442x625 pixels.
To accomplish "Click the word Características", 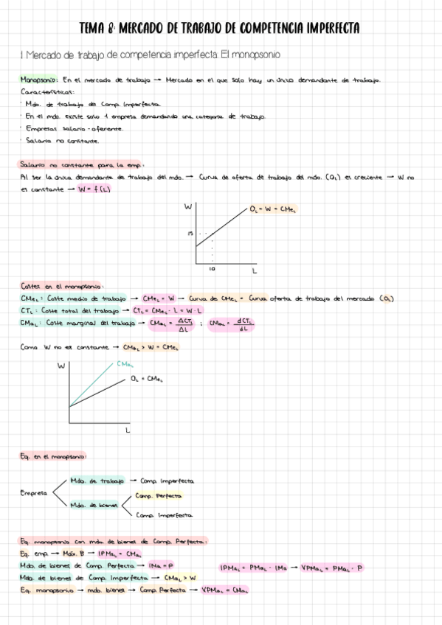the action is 44,91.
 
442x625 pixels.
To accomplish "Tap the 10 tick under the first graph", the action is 211,270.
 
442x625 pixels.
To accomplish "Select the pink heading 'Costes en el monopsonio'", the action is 62,286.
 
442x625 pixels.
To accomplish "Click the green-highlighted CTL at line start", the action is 29,310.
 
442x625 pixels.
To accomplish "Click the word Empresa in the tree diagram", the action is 34,492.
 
